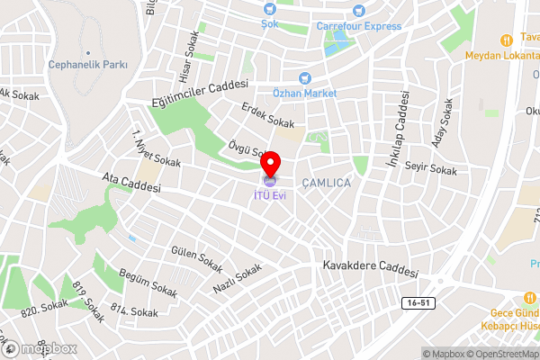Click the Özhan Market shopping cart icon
304,78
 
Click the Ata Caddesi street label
131,184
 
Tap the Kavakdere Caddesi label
371,268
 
